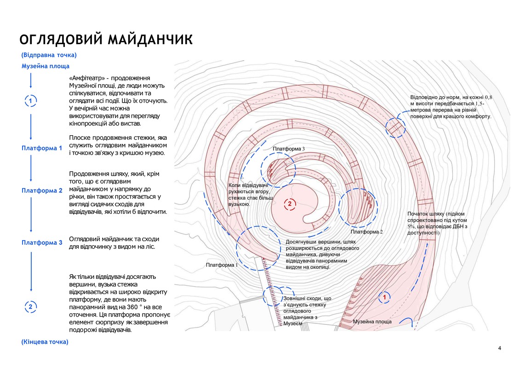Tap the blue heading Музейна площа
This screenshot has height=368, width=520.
click(x=46, y=66)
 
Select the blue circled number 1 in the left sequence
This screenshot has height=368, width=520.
click(x=31, y=101)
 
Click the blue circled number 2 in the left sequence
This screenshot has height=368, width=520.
click(x=31, y=307)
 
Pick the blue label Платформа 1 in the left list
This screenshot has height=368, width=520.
click(x=42, y=148)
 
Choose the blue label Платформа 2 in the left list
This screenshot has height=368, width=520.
click(x=42, y=190)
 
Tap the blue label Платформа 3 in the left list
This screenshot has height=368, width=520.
click(x=42, y=242)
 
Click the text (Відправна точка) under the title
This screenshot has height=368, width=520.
click(x=49, y=55)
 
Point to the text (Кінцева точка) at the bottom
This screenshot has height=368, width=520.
click(x=45, y=342)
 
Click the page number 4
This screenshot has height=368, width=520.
click(x=499, y=348)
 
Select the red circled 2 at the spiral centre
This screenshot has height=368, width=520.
click(x=290, y=204)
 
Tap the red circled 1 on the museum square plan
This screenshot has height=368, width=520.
click(x=385, y=297)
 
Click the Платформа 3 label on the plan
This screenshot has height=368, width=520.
click(x=289, y=149)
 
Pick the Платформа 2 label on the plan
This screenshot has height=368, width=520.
click(x=367, y=232)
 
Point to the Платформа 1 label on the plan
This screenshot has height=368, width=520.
click(x=222, y=265)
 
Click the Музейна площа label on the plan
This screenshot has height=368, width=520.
click(x=372, y=322)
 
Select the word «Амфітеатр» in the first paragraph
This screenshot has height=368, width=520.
click(x=87, y=78)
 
